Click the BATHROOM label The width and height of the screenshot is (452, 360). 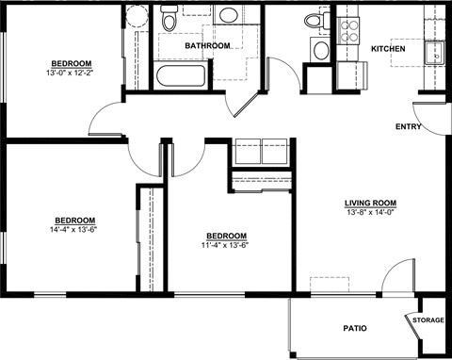coord(206,45)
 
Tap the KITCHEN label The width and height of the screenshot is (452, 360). coord(388,49)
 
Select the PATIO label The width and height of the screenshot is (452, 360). coord(354,329)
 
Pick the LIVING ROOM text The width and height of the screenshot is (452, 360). coord(370,203)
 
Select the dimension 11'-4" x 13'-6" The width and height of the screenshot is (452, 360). coord(226,246)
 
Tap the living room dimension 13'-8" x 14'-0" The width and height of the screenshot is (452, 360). coord(370,213)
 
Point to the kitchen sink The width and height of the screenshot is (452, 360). coord(435,53)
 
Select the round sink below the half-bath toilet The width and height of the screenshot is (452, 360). coord(321,51)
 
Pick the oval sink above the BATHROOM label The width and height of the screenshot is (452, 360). coord(227,16)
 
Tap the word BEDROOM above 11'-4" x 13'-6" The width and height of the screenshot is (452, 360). coord(226,236)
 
